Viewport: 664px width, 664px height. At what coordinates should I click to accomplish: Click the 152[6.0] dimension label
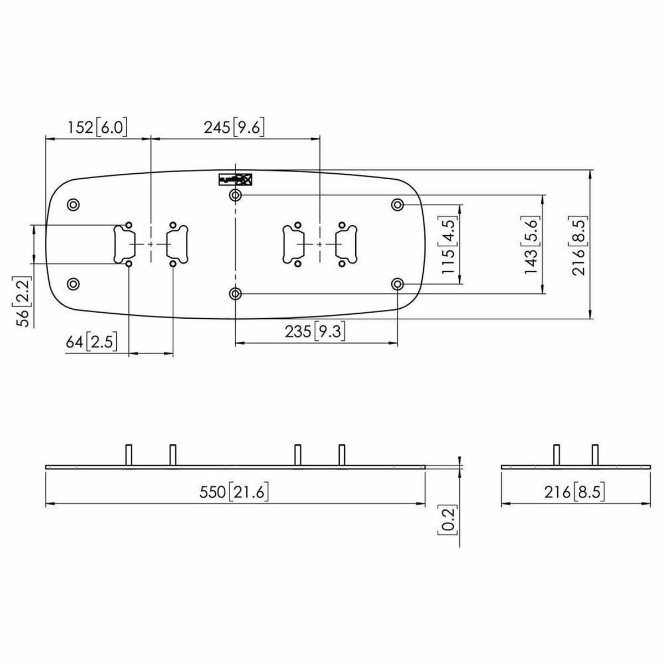(97, 128)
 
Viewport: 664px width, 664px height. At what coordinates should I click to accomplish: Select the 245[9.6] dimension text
(234, 128)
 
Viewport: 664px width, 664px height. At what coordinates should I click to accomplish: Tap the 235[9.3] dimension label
(315, 332)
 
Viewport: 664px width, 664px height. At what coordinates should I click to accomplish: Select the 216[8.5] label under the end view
(574, 492)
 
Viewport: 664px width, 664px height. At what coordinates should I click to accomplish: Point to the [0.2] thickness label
(448, 521)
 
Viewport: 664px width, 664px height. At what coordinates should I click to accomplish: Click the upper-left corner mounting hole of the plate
(72, 205)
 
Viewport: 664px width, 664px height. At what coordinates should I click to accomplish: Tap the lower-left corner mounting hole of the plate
(72, 284)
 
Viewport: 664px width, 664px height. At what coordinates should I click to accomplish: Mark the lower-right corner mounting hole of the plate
(397, 284)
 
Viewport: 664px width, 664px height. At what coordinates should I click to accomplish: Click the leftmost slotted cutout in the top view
(122, 245)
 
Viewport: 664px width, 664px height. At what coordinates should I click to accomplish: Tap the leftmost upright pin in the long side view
(128, 455)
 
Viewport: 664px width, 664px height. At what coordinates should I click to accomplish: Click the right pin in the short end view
(595, 455)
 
